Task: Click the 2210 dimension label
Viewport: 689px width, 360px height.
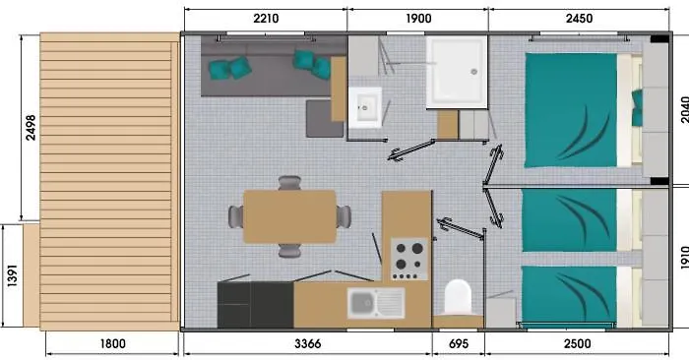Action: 266,19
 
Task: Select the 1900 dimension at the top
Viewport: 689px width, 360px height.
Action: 418,19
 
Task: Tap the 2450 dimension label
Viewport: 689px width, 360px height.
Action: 579,19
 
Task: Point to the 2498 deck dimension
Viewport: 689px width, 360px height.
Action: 31,127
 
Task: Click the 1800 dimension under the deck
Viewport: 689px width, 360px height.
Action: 113,343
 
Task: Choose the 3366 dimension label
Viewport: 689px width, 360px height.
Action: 307,343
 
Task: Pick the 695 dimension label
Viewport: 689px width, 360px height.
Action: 459,343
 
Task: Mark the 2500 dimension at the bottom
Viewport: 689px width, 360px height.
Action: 578,343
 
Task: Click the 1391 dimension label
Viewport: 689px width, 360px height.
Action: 12,275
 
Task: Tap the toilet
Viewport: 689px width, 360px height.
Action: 458,298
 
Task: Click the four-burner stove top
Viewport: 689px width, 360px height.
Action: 409,259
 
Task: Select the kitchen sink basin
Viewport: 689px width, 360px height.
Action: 363,303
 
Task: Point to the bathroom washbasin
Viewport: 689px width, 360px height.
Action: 365,107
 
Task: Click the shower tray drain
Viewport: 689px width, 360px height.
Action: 473,72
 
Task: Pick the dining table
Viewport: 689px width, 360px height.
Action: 289,216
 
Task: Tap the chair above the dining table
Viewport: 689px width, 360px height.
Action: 289,182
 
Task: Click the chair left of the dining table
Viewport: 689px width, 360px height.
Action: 236,216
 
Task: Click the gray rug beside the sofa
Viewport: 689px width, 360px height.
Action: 324,119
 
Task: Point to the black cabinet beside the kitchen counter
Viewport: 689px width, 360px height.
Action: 255,305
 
